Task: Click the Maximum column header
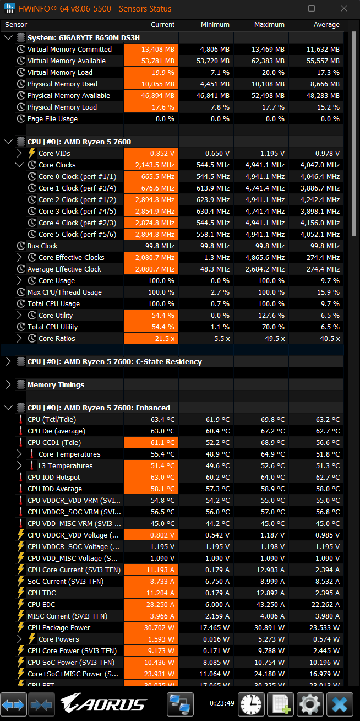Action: coord(269,25)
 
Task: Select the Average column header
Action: coord(326,25)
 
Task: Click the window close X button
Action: coord(344,8)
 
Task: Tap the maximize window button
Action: coord(312,8)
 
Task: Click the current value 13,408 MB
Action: coord(157,49)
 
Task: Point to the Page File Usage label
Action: coord(52,119)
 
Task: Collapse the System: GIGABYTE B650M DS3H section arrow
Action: coord(8,37)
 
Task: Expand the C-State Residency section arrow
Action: coord(8,361)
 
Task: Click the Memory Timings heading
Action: coord(56,384)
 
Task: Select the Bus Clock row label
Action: coord(42,246)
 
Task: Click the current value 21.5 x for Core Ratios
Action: coord(165,339)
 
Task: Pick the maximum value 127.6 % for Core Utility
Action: coord(271,316)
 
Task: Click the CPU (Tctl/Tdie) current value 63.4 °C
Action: coord(162,419)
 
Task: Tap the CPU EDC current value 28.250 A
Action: coord(160,604)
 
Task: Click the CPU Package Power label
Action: coord(59,628)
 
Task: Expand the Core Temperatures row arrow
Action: coord(19,454)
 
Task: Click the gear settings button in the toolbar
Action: coord(310,704)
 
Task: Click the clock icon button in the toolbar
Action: coord(251,704)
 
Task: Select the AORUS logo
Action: coord(103,703)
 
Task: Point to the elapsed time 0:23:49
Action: coord(222,703)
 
